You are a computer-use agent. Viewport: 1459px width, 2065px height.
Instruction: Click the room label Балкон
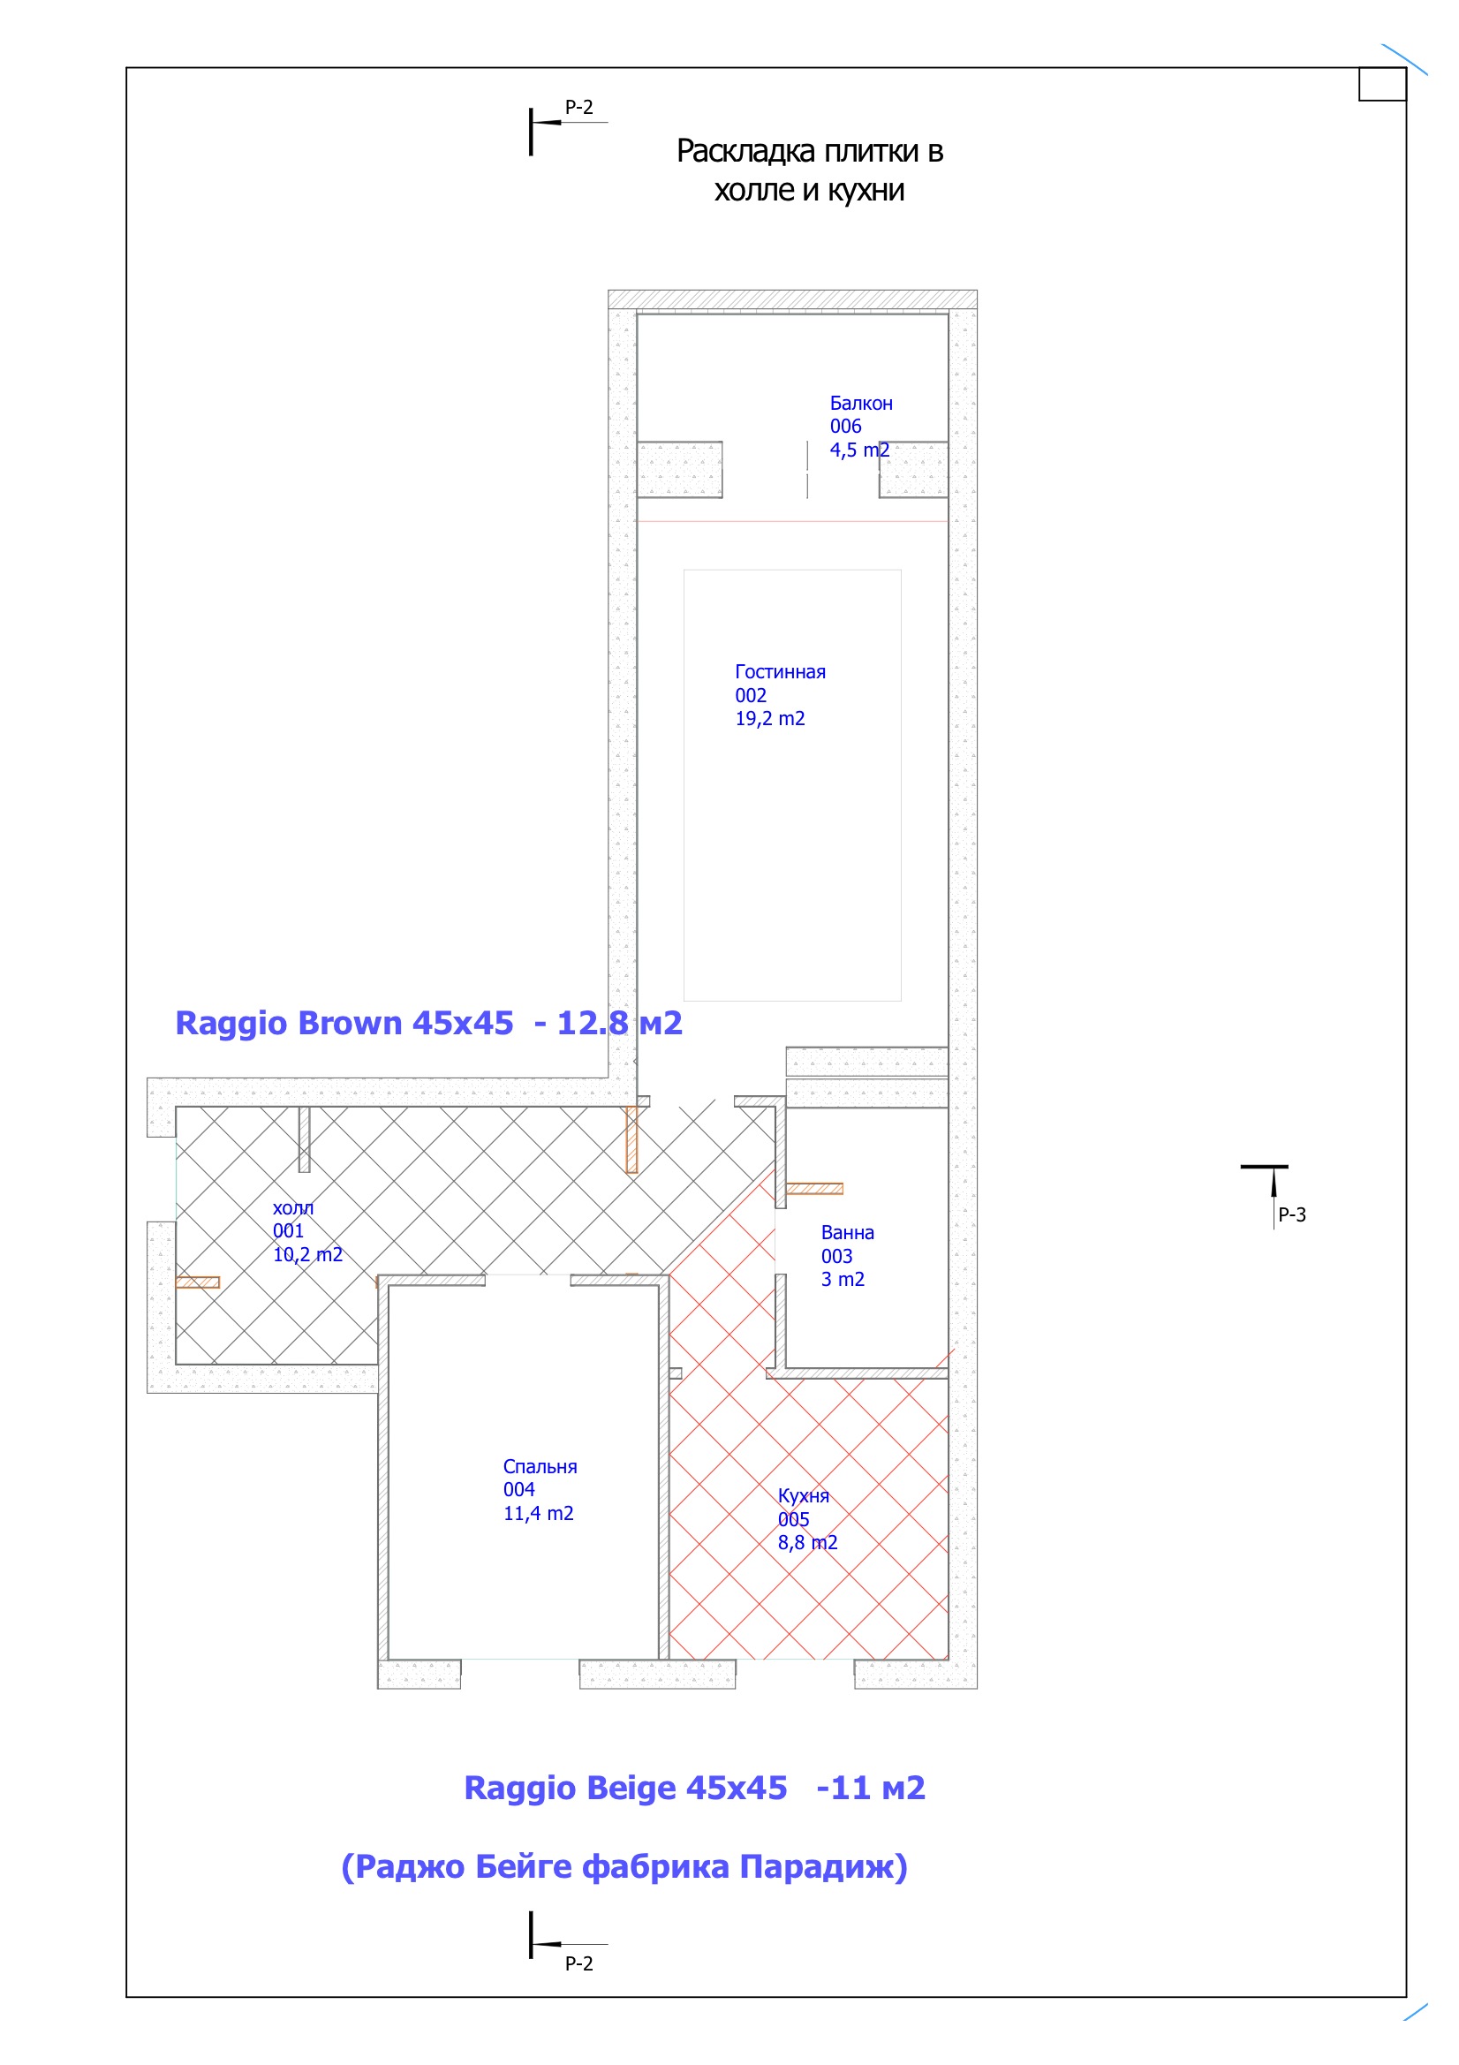pos(861,403)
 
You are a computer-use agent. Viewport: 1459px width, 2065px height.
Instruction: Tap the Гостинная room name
pos(780,672)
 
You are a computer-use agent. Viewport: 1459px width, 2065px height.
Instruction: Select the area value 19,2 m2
pos(770,719)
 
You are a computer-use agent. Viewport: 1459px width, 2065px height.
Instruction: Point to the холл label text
pos(293,1208)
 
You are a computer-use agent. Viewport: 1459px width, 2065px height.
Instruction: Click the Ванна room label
pos(847,1232)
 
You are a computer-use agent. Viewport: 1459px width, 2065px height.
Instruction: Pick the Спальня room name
pos(540,1466)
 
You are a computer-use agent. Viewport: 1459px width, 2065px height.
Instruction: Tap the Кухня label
pos(804,1495)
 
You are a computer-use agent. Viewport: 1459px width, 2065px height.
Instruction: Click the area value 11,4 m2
pos(538,1514)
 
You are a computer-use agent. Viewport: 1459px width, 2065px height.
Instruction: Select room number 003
pos(836,1257)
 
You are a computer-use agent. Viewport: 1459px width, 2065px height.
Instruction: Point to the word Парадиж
pos(823,1866)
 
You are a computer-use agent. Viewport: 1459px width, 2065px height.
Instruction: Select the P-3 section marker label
pos(1293,1215)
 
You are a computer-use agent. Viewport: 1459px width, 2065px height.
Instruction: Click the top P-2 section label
pos(579,107)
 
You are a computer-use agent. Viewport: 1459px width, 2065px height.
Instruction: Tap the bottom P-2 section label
pos(579,1963)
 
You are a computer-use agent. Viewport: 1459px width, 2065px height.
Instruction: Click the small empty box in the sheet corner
pos(1382,84)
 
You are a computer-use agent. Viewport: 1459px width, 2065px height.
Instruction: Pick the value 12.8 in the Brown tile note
pos(593,1023)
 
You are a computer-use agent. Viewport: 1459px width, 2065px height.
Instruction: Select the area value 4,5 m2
pos(859,450)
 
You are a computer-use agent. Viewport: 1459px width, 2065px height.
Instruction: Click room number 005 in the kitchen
pos(793,1519)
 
